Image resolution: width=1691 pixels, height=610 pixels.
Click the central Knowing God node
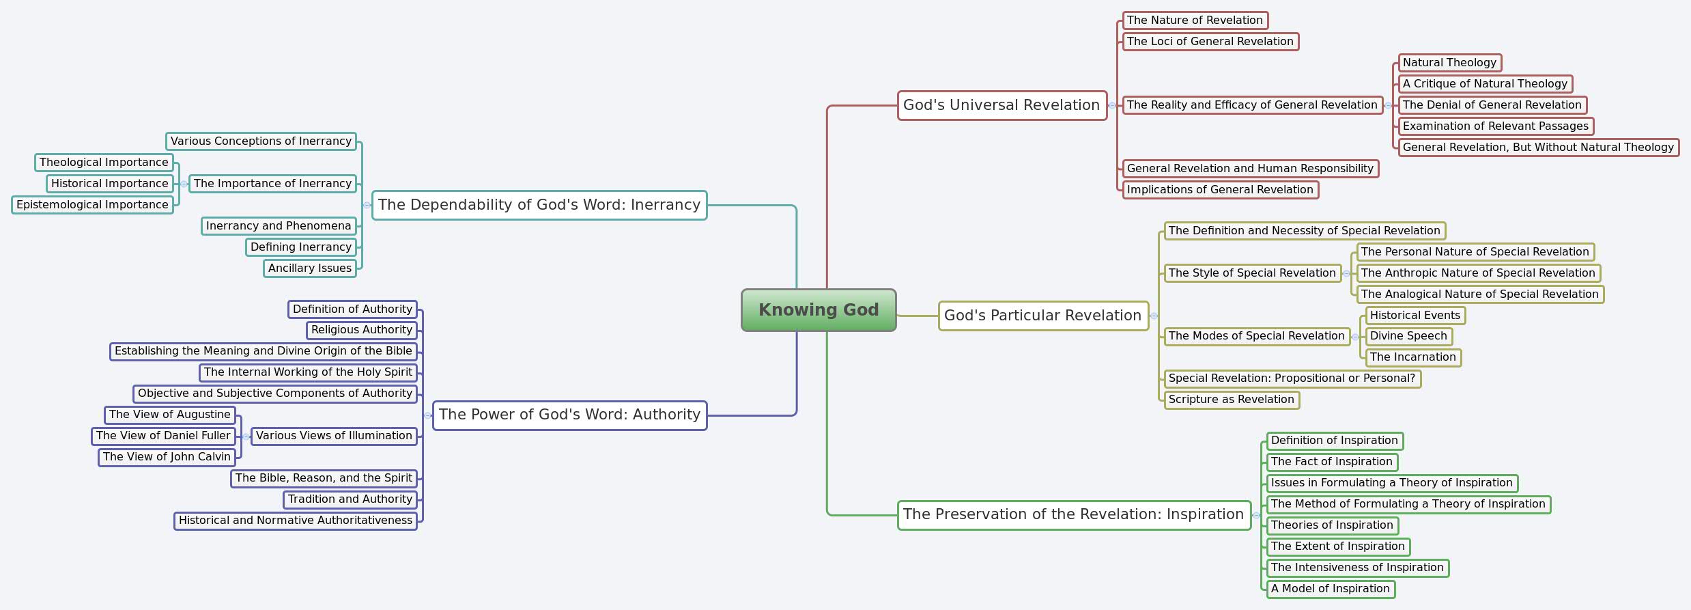(x=819, y=310)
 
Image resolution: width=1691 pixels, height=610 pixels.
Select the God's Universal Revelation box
(x=1001, y=105)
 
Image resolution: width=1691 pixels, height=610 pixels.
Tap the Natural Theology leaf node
(x=1449, y=63)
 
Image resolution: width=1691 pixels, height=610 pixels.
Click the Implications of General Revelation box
(x=1220, y=190)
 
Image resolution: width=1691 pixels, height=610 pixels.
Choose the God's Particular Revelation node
(x=1042, y=316)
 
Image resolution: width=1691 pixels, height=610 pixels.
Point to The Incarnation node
(x=1412, y=357)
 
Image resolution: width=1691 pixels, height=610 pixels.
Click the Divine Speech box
(x=1408, y=336)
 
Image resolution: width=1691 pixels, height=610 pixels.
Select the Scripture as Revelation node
(x=1231, y=400)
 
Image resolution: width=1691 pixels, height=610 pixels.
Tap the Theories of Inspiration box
(x=1332, y=525)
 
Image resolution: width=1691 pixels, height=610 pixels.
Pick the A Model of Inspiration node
(x=1330, y=589)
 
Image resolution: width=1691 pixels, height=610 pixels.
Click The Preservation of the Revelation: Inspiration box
(x=1073, y=515)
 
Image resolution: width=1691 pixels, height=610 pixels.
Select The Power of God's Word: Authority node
(x=569, y=415)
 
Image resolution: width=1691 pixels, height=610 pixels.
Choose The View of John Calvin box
(x=167, y=457)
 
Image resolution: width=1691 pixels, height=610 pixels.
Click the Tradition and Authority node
(x=350, y=499)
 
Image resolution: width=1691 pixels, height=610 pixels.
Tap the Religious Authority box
(x=362, y=330)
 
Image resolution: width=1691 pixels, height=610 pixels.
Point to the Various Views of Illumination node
(x=334, y=436)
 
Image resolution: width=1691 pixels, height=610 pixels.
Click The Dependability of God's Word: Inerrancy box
(x=539, y=205)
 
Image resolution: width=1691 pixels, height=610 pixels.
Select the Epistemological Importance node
(x=92, y=205)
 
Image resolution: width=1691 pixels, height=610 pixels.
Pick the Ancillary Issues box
(x=310, y=268)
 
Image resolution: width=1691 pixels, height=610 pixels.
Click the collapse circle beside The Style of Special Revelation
(x=1346, y=273)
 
